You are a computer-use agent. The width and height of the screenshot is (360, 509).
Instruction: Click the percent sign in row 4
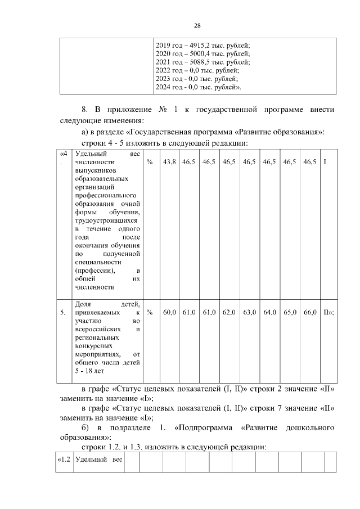coord(150,162)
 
